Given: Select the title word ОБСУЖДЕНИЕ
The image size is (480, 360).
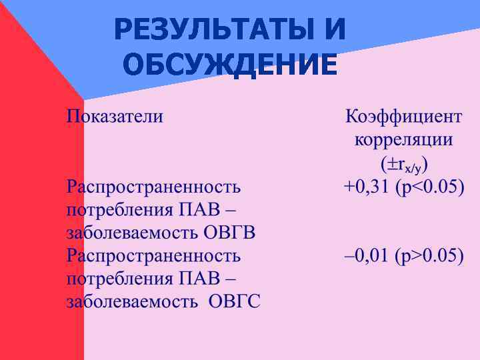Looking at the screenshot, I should tap(230, 65).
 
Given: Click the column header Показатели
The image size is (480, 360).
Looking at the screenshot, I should tap(114, 117).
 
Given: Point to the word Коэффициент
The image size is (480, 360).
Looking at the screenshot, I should tap(403, 117).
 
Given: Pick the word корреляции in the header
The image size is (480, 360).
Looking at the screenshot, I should tap(403, 140).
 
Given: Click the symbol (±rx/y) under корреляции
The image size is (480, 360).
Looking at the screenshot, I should tap(403, 164).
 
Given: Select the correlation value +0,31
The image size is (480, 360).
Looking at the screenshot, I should tap(366, 187).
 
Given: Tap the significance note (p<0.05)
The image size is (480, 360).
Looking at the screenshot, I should tap(429, 187).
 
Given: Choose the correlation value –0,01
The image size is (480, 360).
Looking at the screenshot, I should tap(366, 256).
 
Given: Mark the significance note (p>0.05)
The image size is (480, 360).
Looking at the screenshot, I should tap(429, 256).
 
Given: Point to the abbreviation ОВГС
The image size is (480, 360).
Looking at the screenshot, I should tap(234, 302).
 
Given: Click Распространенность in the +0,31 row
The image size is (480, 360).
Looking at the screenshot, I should tap(153, 187).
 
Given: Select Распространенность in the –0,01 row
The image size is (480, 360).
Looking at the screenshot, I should tap(153, 256).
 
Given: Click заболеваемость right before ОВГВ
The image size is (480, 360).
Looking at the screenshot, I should tap(131, 233).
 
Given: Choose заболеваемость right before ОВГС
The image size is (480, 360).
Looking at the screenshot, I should tap(131, 302).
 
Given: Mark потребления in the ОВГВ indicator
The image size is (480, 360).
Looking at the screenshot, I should tap(121, 210).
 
